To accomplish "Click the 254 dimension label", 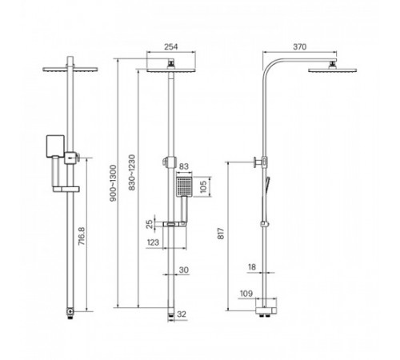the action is point(170,46).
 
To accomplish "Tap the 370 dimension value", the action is point(300,46).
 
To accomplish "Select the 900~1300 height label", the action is point(114,183).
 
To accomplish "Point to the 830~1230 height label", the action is point(132,173).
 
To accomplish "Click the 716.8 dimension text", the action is point(82,236).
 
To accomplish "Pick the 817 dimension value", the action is point(221,234).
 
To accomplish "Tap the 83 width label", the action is point(183,166).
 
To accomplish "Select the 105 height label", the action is point(203,186).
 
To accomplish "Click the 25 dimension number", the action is point(150,224).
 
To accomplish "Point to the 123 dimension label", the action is point(153,242).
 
